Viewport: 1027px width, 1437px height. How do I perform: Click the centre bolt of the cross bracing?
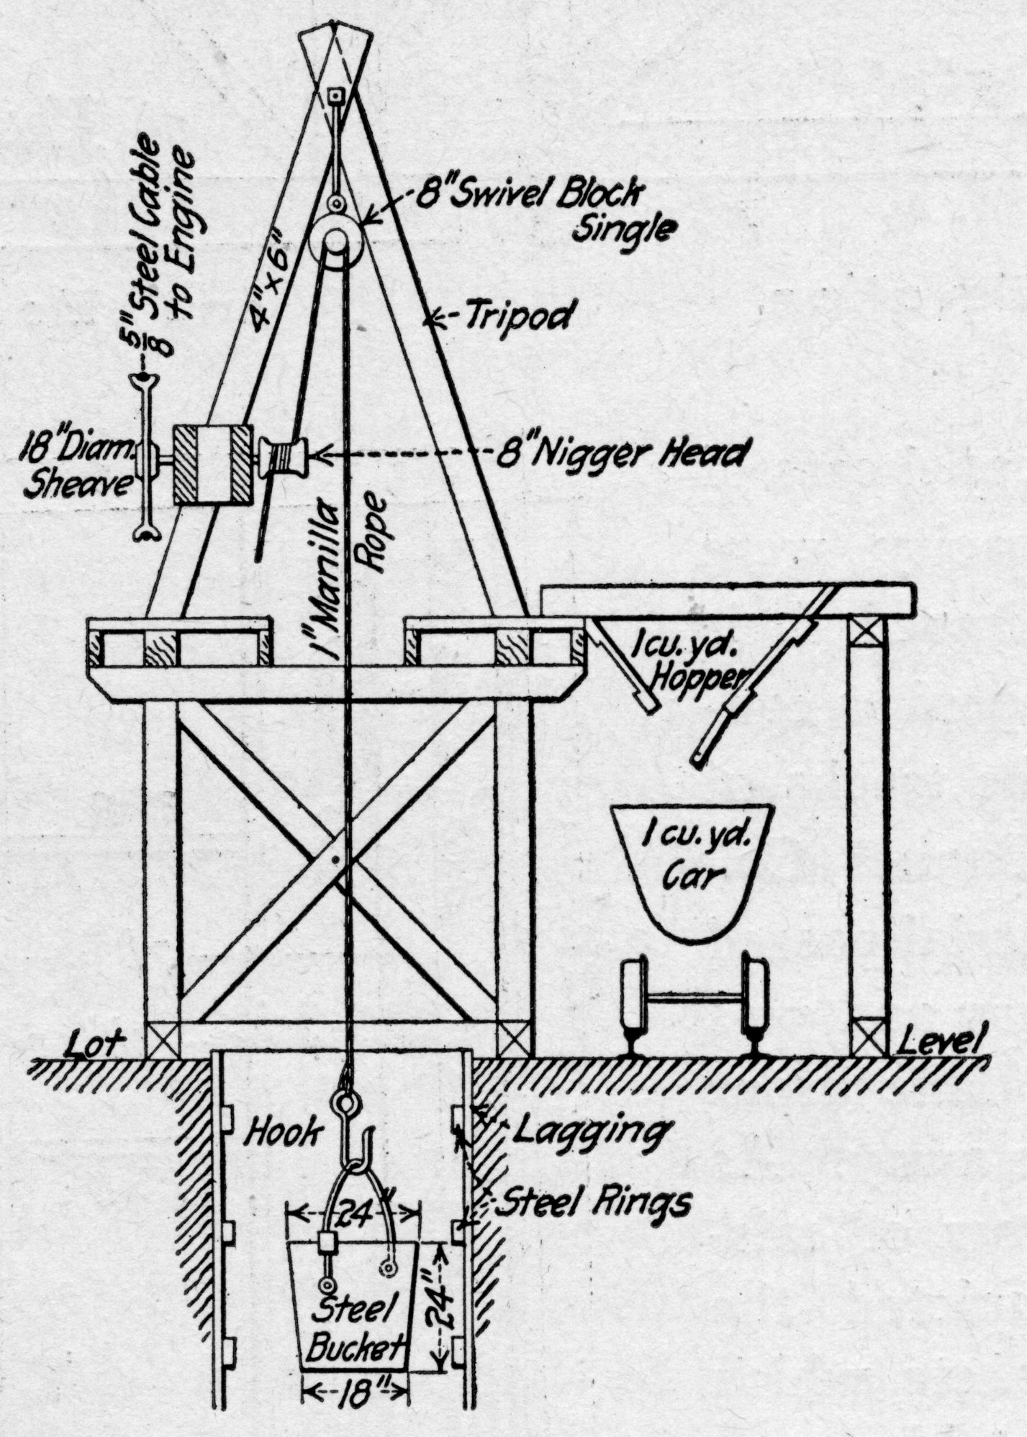tap(336, 857)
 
